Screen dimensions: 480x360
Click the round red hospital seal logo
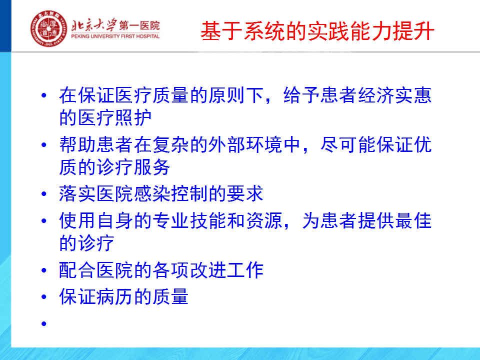coord(48,28)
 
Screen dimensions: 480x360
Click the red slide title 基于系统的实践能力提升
coord(317,31)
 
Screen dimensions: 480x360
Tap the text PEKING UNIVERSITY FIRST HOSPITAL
coord(115,36)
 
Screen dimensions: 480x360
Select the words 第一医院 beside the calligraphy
coord(139,25)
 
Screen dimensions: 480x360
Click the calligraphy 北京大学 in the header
coord(94,25)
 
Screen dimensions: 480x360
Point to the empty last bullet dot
coord(44,323)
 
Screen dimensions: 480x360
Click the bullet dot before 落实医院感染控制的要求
coord(44,194)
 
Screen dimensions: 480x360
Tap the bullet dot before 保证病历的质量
coord(44,296)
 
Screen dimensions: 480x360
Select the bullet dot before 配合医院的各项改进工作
coord(44,270)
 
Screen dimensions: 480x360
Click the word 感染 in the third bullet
coord(152,194)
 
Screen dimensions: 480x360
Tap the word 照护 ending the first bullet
coord(133,118)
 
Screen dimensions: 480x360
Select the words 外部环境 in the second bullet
coord(245,145)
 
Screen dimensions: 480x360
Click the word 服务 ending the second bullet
coord(152,167)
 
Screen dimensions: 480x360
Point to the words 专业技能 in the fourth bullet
coord(189,220)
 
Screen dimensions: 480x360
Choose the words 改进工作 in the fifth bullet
coord(226,270)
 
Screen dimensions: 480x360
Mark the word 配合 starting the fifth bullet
coord(77,270)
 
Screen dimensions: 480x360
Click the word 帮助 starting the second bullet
coord(77,145)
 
